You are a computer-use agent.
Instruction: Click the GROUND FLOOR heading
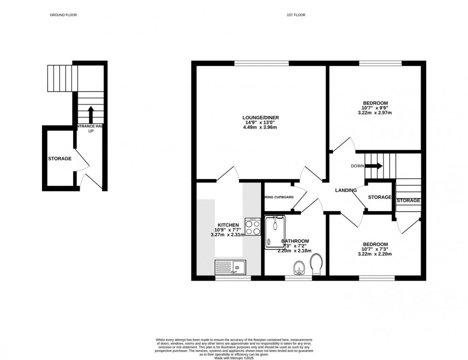tap(64, 15)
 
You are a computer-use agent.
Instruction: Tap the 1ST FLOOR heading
tap(296, 15)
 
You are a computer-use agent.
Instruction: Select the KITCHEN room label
tap(228, 224)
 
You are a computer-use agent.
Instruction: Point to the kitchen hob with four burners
tap(252, 226)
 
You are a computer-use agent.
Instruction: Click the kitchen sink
tap(230, 268)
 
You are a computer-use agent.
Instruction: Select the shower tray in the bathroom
tap(275, 232)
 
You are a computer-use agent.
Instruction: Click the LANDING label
tap(346, 191)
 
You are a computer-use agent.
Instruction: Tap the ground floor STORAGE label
tap(60, 159)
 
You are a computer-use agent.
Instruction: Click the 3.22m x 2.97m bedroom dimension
tap(375, 113)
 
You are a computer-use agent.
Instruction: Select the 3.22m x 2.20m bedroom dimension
tap(375, 254)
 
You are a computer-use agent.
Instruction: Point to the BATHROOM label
tap(295, 241)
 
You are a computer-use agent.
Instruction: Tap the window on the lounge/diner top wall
tap(262, 63)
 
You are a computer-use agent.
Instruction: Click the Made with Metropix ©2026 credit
tap(234, 352)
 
